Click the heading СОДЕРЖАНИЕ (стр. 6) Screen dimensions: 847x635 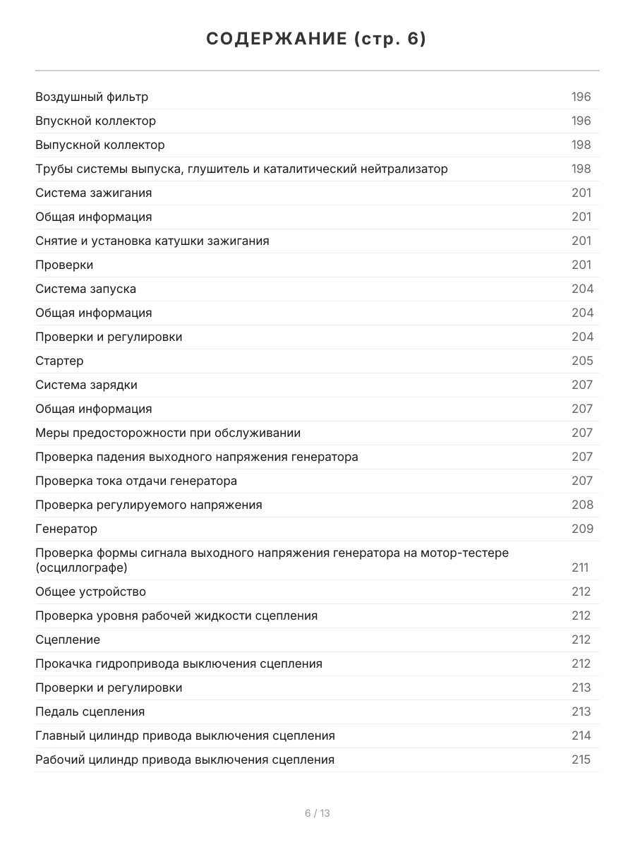coord(317,40)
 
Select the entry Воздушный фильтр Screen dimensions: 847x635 coord(92,97)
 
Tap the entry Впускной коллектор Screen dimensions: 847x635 coord(96,121)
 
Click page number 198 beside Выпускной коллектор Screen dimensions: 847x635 coord(581,145)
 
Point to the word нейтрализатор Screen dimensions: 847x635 coord(403,169)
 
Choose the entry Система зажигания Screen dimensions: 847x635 coord(94,193)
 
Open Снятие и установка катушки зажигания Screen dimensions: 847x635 coord(152,241)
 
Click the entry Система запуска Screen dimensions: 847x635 coord(86,289)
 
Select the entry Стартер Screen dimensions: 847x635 coord(59,361)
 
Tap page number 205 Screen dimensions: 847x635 coord(582,361)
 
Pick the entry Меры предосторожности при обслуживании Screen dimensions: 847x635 coord(168,433)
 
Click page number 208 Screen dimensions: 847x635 coord(582,505)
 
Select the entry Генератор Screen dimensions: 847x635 coord(66,529)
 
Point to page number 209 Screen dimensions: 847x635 coord(582,529)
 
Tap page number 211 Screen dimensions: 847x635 coord(580,567)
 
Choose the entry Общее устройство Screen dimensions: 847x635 coord(91,591)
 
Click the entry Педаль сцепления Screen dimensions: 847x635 coord(90,711)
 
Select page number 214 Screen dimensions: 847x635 coord(581,735)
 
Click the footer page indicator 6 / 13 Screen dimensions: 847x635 coord(317,813)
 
